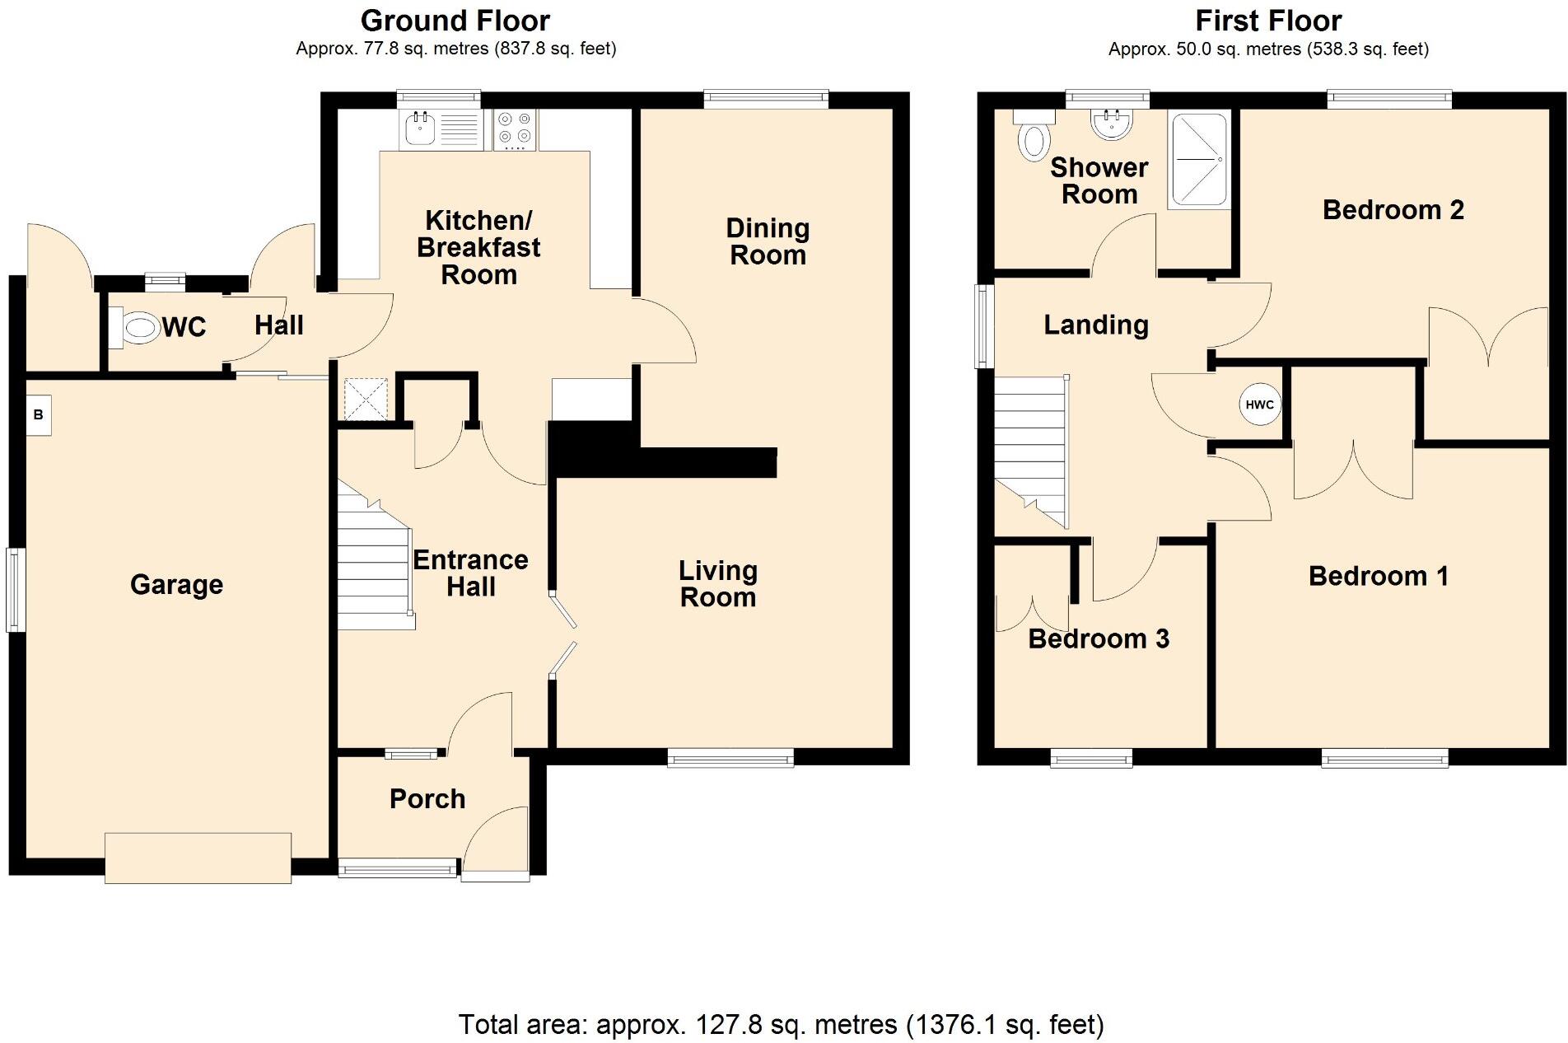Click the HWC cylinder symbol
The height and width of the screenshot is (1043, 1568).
(1259, 405)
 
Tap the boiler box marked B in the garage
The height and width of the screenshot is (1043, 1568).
(39, 415)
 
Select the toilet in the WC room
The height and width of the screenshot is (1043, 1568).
(137, 328)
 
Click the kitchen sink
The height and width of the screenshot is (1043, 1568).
(421, 129)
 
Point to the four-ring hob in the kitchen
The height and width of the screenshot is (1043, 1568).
(516, 129)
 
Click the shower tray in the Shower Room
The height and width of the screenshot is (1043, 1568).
(1199, 160)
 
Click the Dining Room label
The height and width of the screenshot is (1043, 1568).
(768, 241)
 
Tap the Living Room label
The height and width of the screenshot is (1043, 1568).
(717, 583)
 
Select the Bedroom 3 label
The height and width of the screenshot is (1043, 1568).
(1099, 638)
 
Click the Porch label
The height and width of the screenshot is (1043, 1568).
(427, 798)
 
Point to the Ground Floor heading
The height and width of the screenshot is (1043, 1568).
(455, 20)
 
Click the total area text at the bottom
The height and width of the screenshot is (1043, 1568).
(781, 1024)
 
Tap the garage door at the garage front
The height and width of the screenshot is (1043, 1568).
(198, 858)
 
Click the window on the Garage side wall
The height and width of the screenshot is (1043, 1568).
(16, 589)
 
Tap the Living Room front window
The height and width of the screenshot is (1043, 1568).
(730, 757)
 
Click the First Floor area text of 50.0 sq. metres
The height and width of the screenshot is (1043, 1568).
(1267, 49)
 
